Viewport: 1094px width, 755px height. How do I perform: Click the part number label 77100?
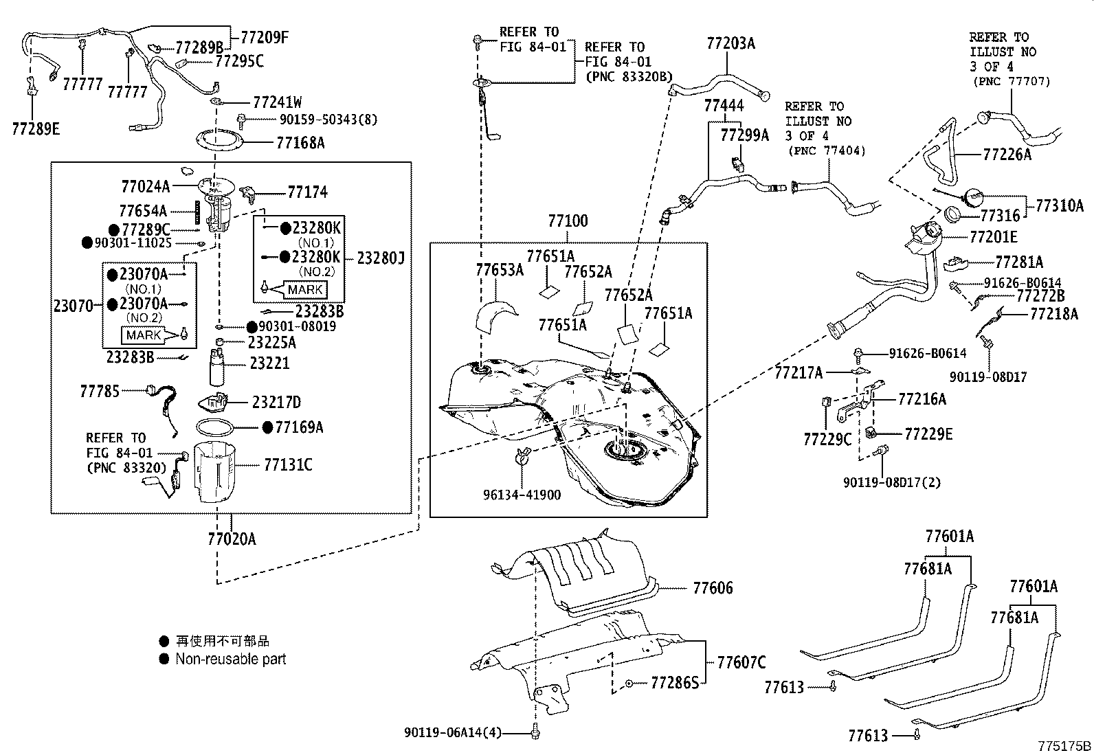[568, 221]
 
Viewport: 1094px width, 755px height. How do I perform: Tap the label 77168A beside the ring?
[300, 143]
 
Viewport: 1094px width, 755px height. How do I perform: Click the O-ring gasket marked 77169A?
[215, 427]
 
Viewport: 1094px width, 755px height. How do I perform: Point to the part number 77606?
[713, 588]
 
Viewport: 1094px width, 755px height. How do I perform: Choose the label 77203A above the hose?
[730, 43]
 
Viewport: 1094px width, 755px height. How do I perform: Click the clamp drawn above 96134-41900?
[522, 455]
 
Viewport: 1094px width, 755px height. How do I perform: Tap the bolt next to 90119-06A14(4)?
[535, 732]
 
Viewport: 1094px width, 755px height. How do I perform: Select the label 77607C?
[741, 662]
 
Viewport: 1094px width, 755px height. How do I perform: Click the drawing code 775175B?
[1064, 746]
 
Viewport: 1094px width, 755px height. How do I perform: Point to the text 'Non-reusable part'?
[230, 660]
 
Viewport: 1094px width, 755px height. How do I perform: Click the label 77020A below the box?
[232, 539]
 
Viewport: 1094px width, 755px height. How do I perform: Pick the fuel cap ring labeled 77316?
[953, 214]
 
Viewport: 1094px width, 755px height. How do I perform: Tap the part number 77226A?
[1007, 155]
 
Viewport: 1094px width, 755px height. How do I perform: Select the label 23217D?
[276, 403]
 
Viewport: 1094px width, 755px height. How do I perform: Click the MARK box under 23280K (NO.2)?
[305, 290]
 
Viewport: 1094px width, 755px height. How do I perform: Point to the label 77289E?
[36, 129]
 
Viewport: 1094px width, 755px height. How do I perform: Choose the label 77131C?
[288, 464]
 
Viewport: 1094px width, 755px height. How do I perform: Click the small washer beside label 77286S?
[629, 684]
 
